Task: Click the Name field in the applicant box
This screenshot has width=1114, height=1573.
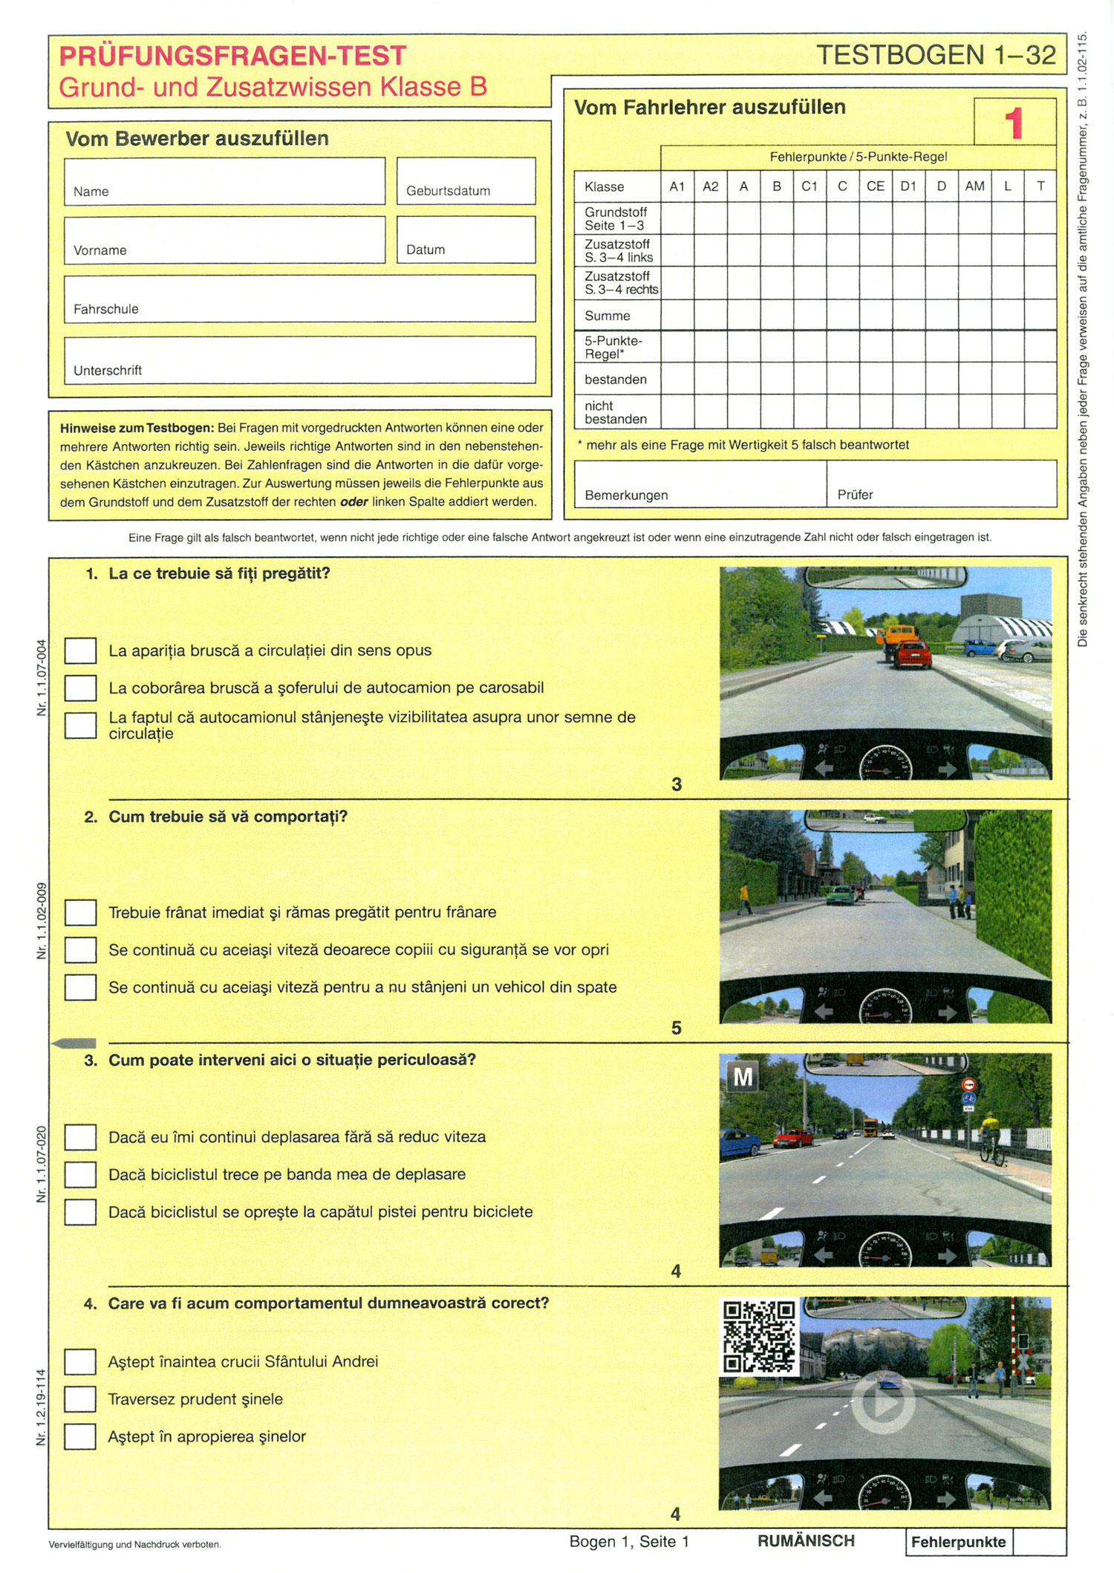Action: point(224,180)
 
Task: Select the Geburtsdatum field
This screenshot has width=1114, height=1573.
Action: point(466,180)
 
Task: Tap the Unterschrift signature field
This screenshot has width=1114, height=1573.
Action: point(299,359)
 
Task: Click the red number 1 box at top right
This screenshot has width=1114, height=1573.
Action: point(1014,123)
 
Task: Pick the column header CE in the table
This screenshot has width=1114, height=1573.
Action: point(875,186)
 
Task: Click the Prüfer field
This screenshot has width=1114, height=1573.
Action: point(941,483)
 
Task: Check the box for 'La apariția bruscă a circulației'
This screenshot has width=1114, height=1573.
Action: point(80,651)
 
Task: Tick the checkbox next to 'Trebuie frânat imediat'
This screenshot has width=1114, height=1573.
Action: point(80,912)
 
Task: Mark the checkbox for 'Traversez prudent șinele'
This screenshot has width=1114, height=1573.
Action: point(80,1399)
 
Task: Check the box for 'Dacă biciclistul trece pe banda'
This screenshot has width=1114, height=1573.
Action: point(80,1174)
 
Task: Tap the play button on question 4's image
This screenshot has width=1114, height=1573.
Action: point(884,1403)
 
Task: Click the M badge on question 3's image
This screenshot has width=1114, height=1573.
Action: point(743,1076)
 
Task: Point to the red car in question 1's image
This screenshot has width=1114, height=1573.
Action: point(911,654)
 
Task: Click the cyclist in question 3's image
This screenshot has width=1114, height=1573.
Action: point(991,1136)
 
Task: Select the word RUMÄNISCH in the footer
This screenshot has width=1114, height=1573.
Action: point(806,1541)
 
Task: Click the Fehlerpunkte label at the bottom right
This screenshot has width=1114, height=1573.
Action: point(958,1542)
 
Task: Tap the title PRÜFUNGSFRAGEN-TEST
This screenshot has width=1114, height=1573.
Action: point(232,56)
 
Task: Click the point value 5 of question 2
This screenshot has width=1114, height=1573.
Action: point(676,1028)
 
